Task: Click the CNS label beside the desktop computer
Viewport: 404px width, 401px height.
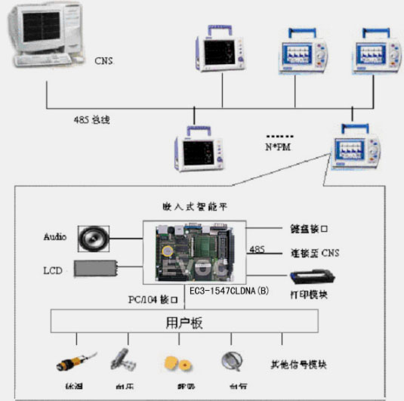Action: tap(103, 61)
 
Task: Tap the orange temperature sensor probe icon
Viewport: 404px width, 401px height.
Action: tap(72, 361)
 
